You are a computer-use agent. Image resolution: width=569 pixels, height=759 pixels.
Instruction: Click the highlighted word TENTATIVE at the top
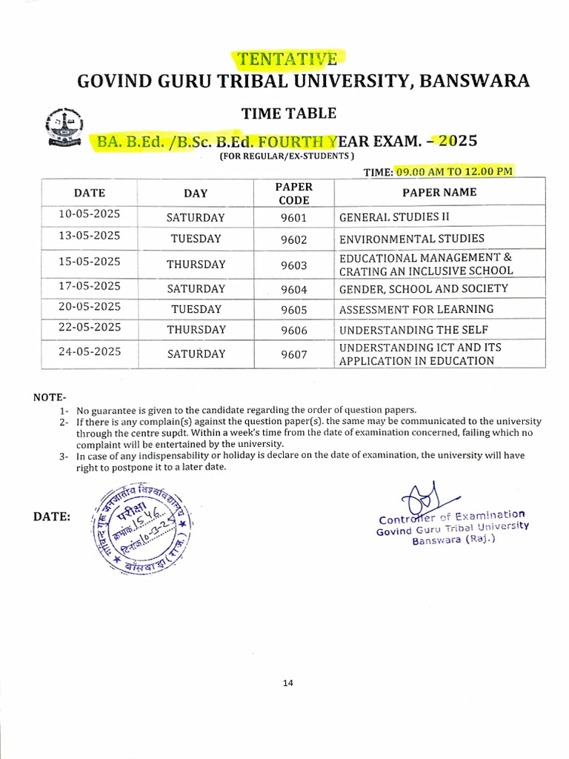[x=289, y=59]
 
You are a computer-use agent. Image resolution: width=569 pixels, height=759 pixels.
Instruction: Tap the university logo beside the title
[x=65, y=127]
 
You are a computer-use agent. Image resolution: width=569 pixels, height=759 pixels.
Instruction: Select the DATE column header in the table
[x=90, y=193]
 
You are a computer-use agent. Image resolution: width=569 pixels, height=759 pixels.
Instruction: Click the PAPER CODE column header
[x=294, y=193]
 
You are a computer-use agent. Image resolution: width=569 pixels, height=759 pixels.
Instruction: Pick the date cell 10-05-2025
[x=90, y=215]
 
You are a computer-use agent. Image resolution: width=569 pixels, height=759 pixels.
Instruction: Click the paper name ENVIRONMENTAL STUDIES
[x=411, y=239]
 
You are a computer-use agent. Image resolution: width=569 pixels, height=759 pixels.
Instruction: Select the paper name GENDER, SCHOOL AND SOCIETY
[x=423, y=288]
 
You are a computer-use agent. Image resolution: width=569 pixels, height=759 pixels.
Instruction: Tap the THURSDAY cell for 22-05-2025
[x=196, y=330]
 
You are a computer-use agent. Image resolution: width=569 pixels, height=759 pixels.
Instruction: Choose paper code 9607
[x=294, y=354]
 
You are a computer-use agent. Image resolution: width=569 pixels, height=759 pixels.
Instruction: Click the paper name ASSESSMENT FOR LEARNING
[x=416, y=309]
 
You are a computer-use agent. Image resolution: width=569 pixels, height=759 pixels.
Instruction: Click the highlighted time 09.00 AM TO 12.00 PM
[x=453, y=171]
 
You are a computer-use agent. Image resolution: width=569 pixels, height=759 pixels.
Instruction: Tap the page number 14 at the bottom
[x=288, y=683]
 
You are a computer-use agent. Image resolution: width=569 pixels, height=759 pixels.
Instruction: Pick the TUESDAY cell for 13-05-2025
[x=196, y=239]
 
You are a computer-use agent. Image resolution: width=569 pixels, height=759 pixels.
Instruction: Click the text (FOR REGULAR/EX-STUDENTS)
[x=286, y=156]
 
